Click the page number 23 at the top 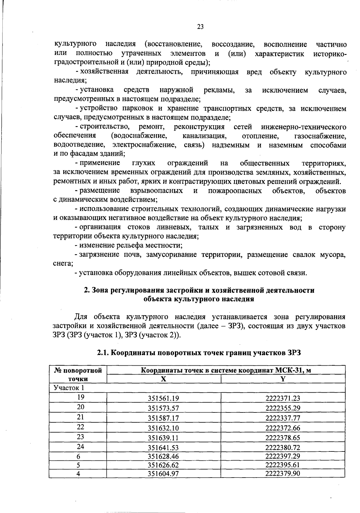[200, 27]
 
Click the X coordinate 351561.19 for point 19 [163, 398]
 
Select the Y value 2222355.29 [283, 408]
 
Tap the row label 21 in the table [80, 417]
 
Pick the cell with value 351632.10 [163, 428]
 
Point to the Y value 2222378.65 [283, 438]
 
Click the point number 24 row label [80, 446]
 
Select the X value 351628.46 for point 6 [163, 456]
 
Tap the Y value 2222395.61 [283, 465]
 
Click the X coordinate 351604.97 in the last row [163, 474]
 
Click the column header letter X [163, 379]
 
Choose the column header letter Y [283, 379]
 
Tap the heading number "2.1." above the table [103, 353]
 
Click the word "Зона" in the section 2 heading [100, 290]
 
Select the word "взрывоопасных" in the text [157, 191]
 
